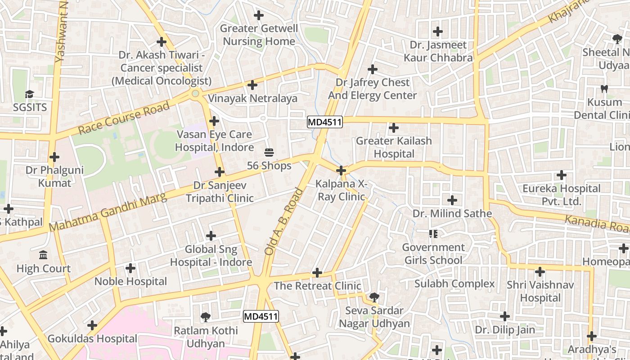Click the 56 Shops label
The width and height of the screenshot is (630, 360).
269,166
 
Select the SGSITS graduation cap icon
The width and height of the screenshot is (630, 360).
30,94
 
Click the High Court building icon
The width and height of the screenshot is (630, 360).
43,255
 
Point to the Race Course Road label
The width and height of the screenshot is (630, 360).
124,118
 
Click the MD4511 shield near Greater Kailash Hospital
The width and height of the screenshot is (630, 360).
325,121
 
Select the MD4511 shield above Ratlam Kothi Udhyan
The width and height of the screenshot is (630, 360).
261,316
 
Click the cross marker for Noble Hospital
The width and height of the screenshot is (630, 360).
130,269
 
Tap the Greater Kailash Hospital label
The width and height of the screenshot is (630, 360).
394,147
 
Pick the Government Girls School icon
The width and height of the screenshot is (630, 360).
433,234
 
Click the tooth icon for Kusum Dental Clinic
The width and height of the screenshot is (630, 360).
604,89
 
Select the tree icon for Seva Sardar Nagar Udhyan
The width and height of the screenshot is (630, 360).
373,297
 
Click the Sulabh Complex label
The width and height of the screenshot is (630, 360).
454,284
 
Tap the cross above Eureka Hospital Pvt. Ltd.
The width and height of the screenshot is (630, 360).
561,175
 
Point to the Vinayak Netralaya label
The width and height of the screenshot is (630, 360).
252,98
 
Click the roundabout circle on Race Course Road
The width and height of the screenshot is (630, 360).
195,94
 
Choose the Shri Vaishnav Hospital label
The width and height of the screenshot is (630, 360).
540,291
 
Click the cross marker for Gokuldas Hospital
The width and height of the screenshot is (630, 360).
92,325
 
